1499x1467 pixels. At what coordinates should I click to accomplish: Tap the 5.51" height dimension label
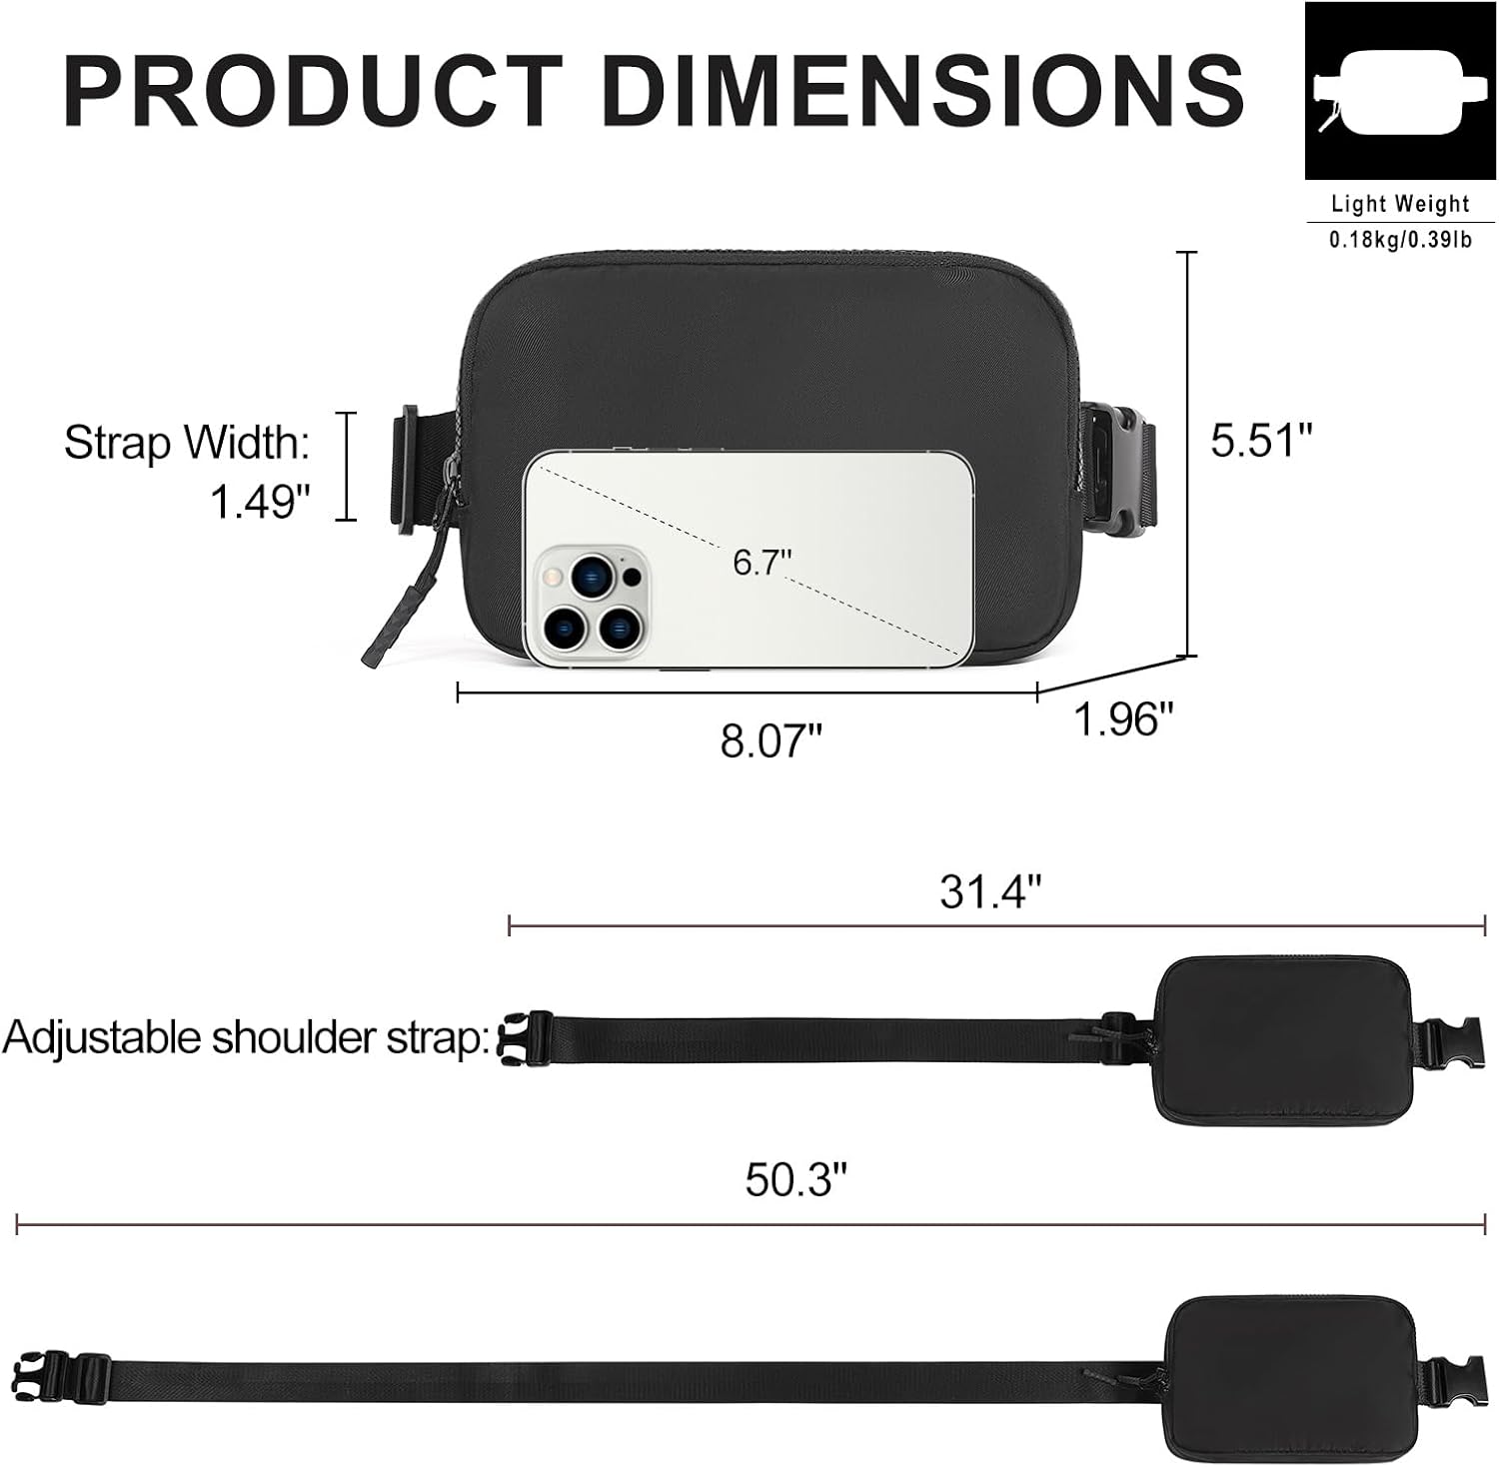click(x=1260, y=440)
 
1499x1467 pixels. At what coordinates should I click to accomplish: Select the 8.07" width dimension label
click(x=770, y=741)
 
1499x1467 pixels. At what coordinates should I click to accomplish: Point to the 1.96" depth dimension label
click(x=1122, y=718)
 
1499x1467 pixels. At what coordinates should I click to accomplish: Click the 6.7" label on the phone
click(x=761, y=562)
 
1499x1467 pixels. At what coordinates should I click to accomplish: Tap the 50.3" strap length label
click(x=795, y=1179)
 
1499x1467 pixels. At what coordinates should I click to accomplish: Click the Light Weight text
click(x=1400, y=204)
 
